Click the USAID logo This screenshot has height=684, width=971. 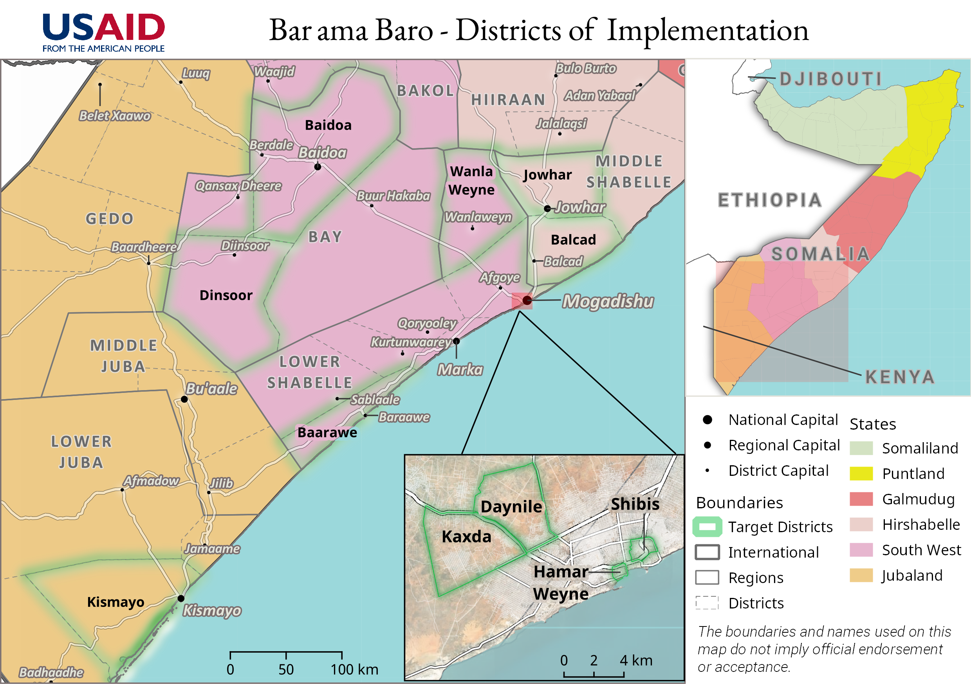104,32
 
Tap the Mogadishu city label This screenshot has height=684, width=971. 608,301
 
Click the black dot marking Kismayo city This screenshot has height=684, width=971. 181,598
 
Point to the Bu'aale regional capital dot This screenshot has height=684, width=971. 184,399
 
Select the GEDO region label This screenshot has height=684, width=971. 110,219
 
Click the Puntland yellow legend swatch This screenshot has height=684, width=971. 861,473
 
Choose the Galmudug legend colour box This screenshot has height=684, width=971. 861,499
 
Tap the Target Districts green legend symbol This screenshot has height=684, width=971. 707,527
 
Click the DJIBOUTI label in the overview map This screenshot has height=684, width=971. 830,79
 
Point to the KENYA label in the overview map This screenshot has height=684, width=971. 899,377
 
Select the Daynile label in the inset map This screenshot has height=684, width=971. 511,506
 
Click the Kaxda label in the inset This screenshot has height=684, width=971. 466,536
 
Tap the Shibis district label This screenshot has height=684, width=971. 635,504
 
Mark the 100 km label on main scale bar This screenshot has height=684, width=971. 354,669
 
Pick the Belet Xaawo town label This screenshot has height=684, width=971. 115,116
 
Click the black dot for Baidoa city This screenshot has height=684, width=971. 318,167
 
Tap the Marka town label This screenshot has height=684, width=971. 460,369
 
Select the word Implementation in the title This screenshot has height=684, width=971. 707,31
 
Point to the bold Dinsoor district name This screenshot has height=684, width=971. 226,295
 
